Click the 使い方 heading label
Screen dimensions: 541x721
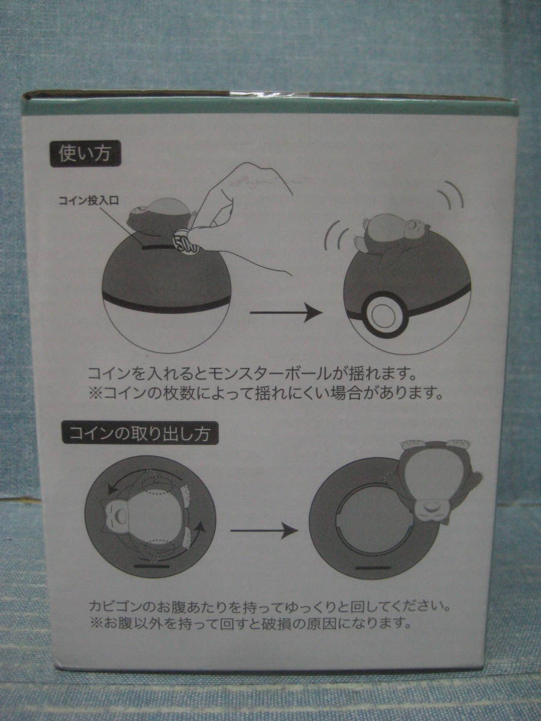point(86,154)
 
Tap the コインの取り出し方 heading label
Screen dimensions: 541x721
point(140,433)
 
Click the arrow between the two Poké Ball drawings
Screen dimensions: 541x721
point(286,312)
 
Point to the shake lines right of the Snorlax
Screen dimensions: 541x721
point(451,195)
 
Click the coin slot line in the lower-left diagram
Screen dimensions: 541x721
point(152,566)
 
